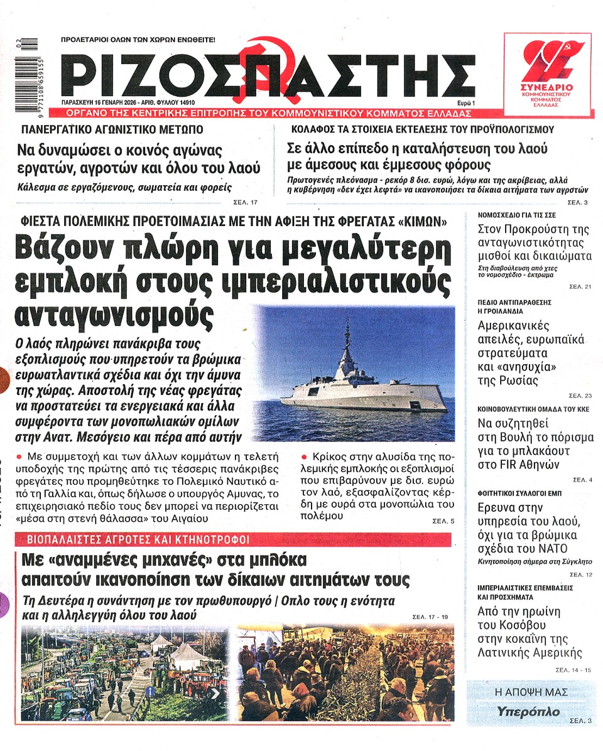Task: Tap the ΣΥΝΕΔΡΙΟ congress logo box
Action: coord(547,74)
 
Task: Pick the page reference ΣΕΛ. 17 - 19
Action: coord(431,617)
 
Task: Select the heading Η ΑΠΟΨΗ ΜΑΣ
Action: coord(531,692)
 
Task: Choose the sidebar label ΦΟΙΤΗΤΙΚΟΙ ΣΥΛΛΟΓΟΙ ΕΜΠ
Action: coord(519,493)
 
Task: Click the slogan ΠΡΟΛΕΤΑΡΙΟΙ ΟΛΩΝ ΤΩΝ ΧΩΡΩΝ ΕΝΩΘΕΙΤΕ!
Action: coord(138,40)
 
